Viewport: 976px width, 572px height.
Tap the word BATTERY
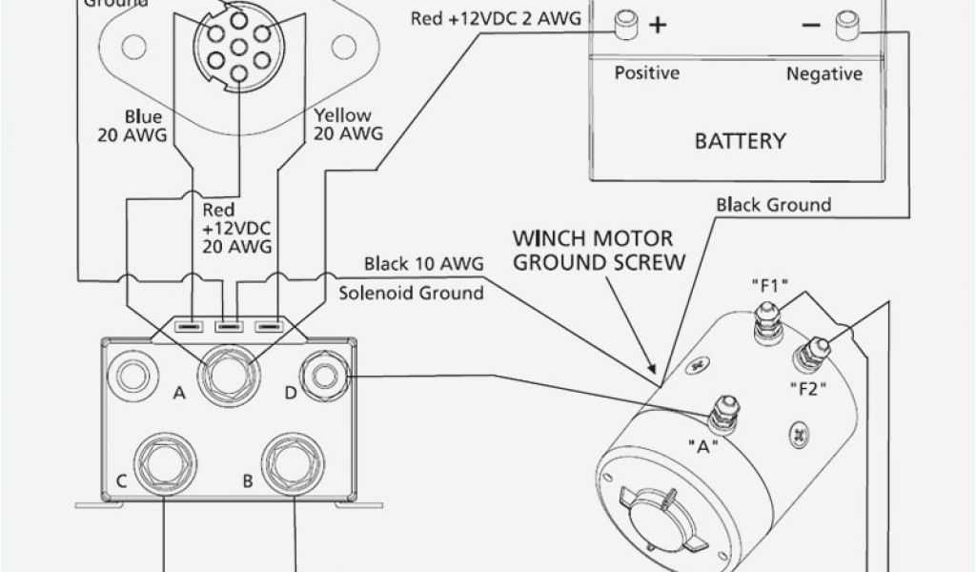tap(740, 142)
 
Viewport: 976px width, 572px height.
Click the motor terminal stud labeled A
tap(721, 412)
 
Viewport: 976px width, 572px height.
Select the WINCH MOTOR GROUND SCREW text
tap(598, 249)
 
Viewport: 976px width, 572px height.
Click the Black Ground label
tap(774, 204)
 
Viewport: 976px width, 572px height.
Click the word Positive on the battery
tap(647, 73)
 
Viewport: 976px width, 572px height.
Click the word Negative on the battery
tap(823, 73)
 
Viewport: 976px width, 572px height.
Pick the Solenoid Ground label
tap(411, 293)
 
